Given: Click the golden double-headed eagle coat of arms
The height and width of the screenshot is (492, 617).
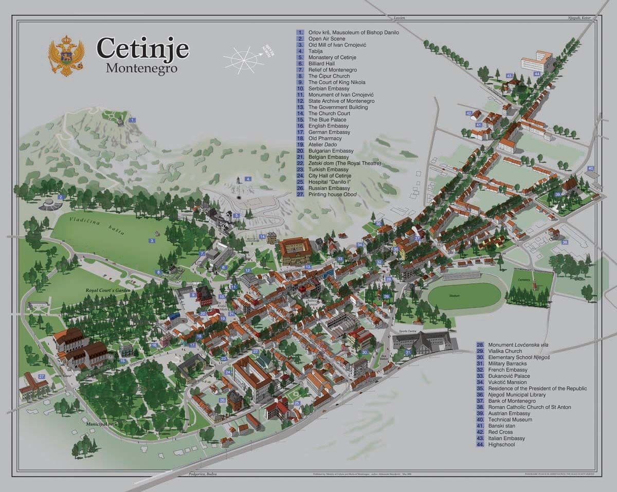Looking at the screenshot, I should click(66, 56).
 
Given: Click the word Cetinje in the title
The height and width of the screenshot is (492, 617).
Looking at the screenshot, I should click(142, 49).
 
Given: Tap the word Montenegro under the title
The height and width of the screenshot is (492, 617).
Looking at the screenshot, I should click(141, 68).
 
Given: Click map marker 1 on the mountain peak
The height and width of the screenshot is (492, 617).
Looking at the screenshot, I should click(133, 120).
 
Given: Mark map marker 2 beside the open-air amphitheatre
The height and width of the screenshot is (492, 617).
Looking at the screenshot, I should click(60, 197).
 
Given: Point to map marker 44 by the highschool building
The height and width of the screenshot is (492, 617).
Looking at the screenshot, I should click(536, 74).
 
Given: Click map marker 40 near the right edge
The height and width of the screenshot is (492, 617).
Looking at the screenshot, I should click(590, 169).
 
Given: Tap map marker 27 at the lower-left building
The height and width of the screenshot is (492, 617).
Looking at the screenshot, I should click(41, 377).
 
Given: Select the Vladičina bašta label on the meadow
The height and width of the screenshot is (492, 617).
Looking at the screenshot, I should click(109, 228).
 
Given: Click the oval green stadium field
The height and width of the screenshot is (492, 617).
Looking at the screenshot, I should click(464, 296).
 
